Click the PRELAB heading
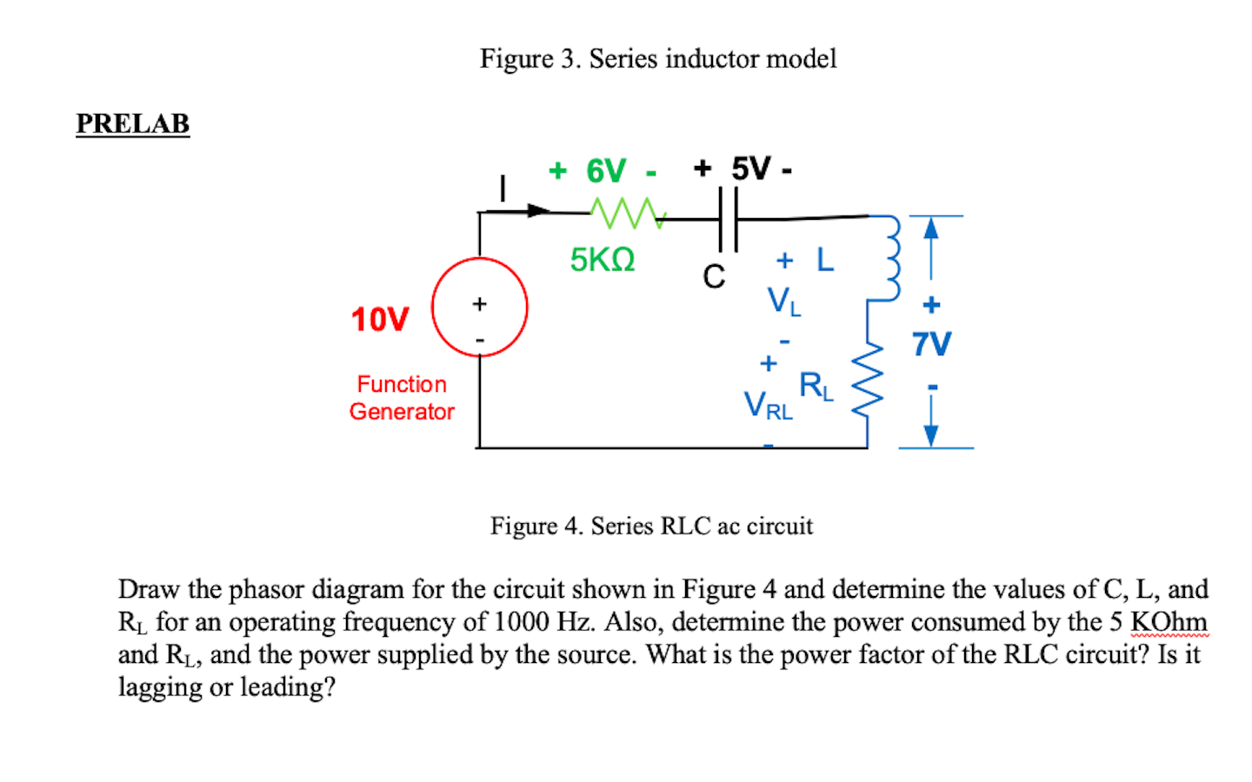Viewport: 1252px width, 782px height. (x=132, y=123)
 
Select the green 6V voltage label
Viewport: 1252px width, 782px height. (x=605, y=171)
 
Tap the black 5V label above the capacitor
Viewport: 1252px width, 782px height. (x=750, y=169)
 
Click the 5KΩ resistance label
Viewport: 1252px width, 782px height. (x=603, y=260)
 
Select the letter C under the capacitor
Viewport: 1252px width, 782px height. (x=714, y=276)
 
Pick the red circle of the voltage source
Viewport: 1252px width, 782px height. (x=480, y=307)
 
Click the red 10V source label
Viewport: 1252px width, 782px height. (x=379, y=320)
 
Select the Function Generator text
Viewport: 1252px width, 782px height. (x=402, y=398)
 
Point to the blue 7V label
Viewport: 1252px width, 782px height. (x=931, y=344)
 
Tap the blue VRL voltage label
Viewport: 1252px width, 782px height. (x=768, y=405)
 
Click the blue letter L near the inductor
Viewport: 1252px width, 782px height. (x=825, y=260)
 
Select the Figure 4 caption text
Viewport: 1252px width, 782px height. (x=651, y=526)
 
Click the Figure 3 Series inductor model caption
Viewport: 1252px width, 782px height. (x=658, y=58)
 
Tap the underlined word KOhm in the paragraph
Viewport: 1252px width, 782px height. (x=1169, y=622)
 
